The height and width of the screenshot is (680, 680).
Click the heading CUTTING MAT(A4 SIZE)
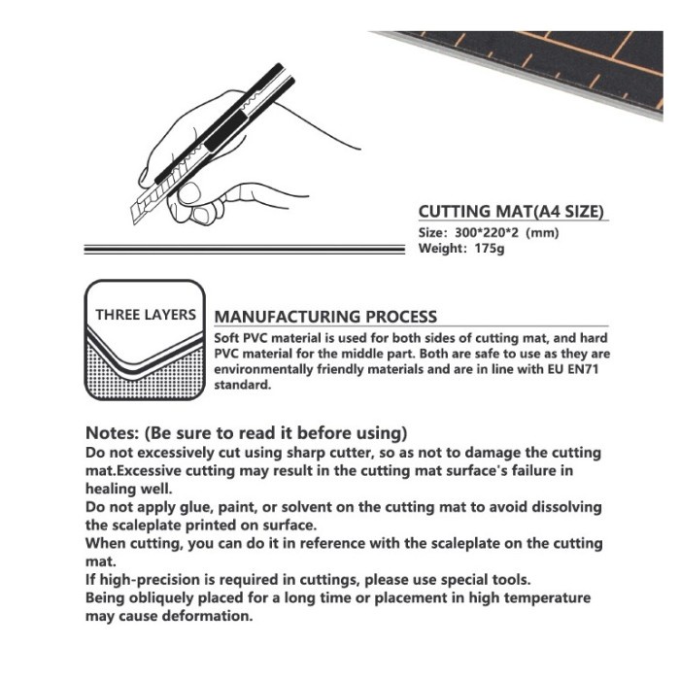[x=512, y=211]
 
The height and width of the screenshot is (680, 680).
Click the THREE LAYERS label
[x=145, y=315]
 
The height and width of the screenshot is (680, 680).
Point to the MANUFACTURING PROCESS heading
[x=324, y=317]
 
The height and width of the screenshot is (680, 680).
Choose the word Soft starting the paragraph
[x=229, y=336]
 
